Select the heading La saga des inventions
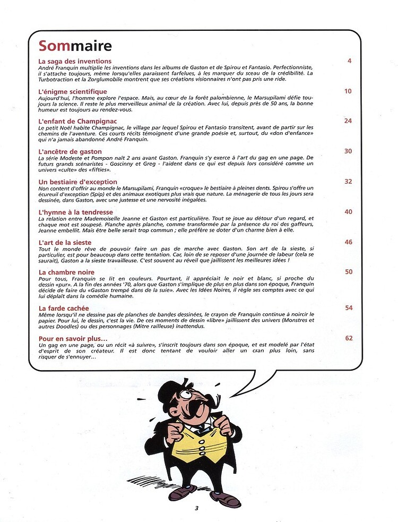tap(75, 61)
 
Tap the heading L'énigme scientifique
tap(73, 91)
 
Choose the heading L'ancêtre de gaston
tap(71, 151)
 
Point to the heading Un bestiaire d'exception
tap(78, 182)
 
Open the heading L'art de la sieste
tap(65, 242)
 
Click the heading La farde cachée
tap(64, 308)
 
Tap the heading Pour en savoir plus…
tap(73, 338)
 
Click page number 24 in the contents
tap(348, 121)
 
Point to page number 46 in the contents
tap(348, 242)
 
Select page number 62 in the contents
tap(348, 338)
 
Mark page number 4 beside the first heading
tap(350, 61)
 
